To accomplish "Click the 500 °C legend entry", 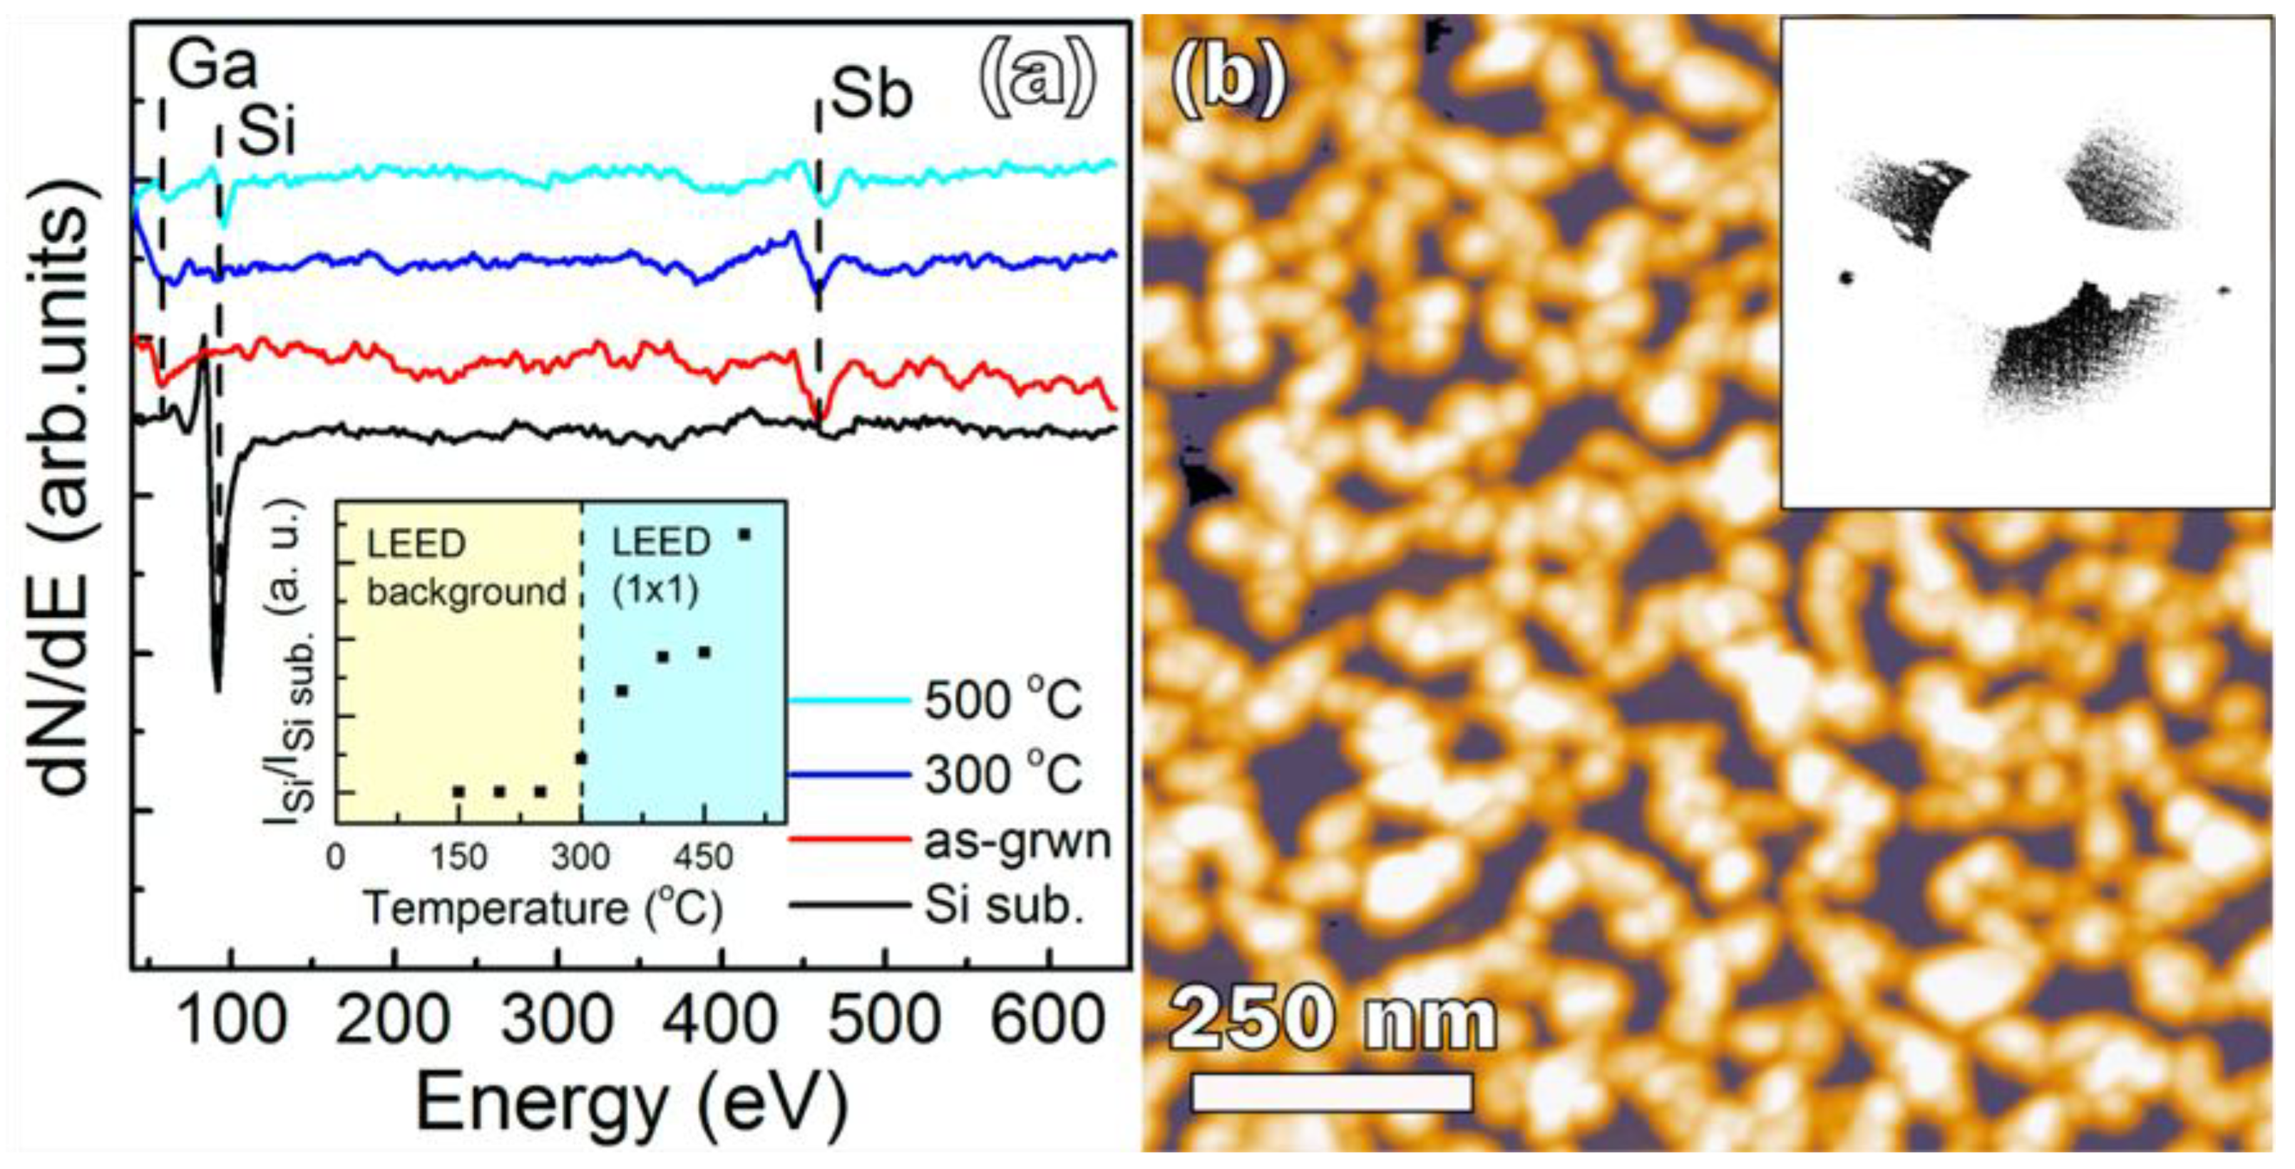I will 1002,701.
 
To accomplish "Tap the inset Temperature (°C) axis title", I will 543,909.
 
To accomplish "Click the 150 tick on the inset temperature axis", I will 460,857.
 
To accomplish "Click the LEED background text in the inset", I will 466,568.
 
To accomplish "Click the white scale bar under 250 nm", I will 1331,1093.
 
